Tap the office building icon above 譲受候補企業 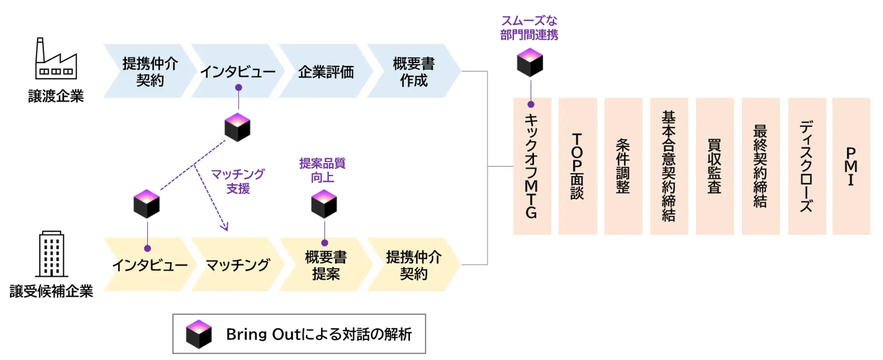click(52, 254)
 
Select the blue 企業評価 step click(326, 72)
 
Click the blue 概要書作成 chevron click(413, 72)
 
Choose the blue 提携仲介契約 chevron click(149, 72)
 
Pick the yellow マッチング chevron click(237, 265)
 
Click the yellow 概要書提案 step click(326, 265)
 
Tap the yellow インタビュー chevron click(149, 265)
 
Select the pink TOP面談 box click(577, 166)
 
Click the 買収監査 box click(715, 166)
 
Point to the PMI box click(851, 166)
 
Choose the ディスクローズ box click(806, 166)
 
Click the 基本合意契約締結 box click(669, 166)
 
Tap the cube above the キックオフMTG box click(530, 62)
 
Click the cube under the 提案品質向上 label click(324, 204)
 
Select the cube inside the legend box click(199, 334)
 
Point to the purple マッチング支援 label click(238, 181)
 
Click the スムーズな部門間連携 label click(529, 28)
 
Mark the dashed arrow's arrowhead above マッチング click(225, 226)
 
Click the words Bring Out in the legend click(263, 334)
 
